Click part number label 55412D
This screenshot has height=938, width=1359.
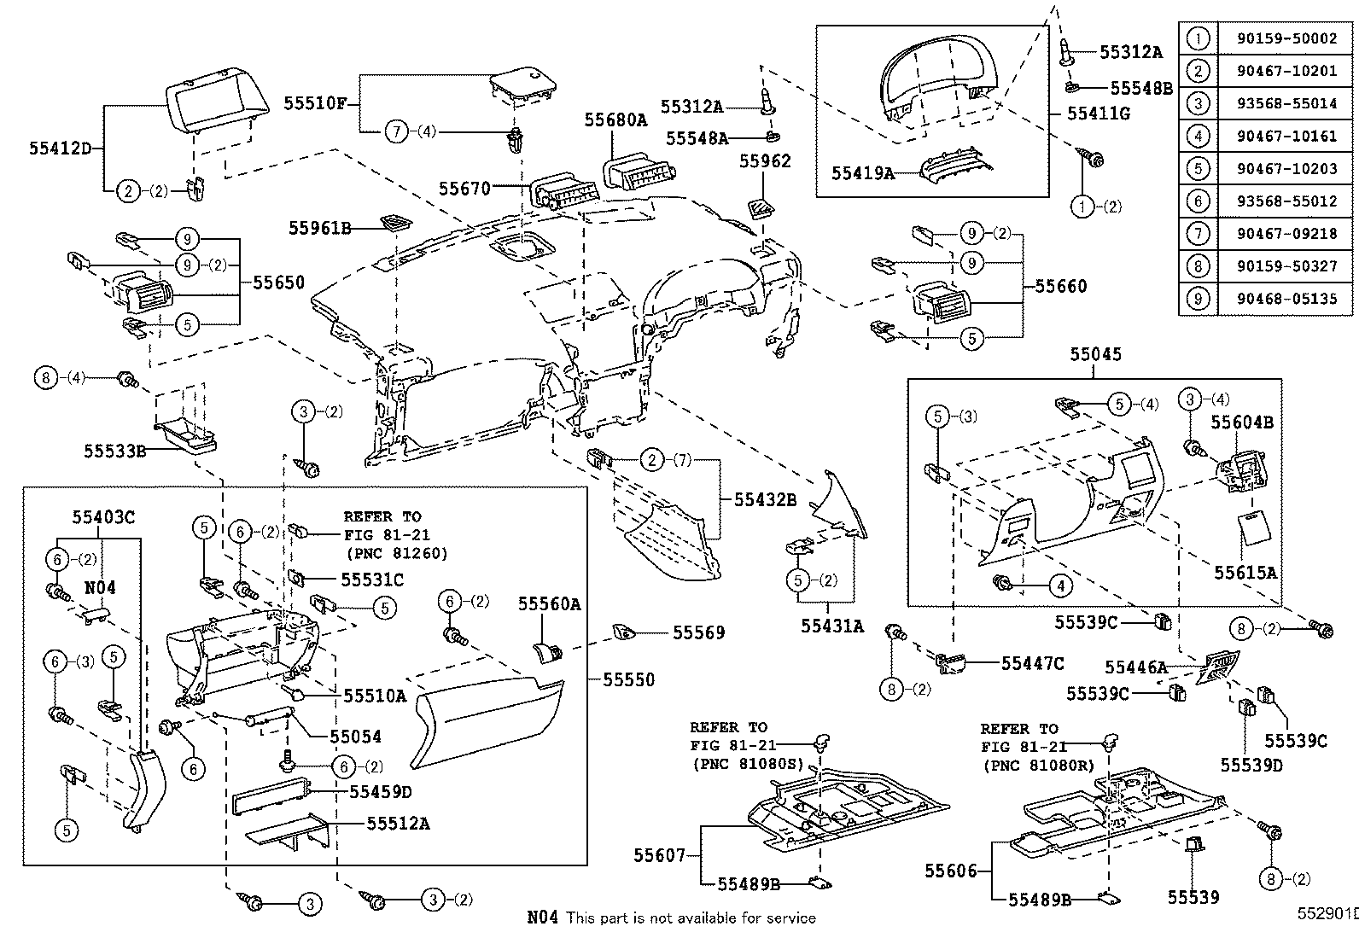point(59,148)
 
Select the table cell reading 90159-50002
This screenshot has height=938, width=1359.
point(1287,38)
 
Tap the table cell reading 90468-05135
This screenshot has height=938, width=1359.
point(1287,299)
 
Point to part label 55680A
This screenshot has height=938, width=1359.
point(615,121)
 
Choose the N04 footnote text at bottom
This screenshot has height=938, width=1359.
point(671,918)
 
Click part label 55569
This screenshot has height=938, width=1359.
point(698,632)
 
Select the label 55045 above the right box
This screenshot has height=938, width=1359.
point(1094,354)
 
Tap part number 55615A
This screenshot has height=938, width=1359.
point(1245,573)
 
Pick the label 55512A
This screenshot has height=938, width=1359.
point(398,824)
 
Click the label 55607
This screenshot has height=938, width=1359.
point(659,854)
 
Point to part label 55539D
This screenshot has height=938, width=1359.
point(1251,765)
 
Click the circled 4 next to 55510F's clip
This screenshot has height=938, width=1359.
point(427,131)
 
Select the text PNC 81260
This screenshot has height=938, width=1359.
point(396,553)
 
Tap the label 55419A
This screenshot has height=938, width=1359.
point(862,173)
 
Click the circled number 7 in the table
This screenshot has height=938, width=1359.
point(1199,234)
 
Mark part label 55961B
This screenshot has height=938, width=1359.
point(319,228)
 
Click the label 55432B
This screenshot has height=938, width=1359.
point(765,500)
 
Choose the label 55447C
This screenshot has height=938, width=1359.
point(1032,662)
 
